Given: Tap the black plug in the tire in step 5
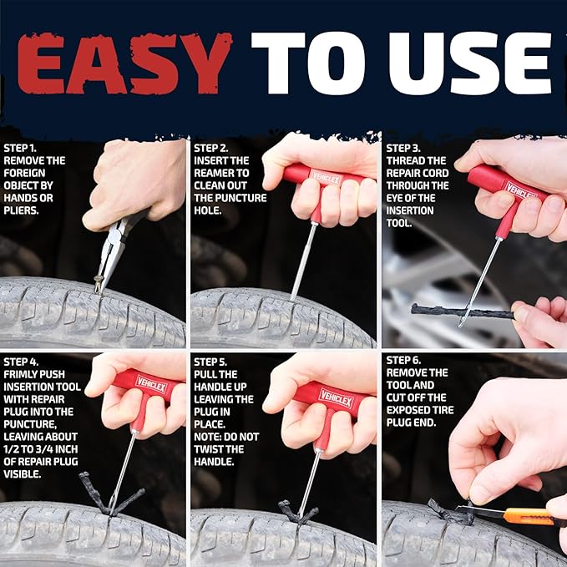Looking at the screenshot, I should (296, 511).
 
